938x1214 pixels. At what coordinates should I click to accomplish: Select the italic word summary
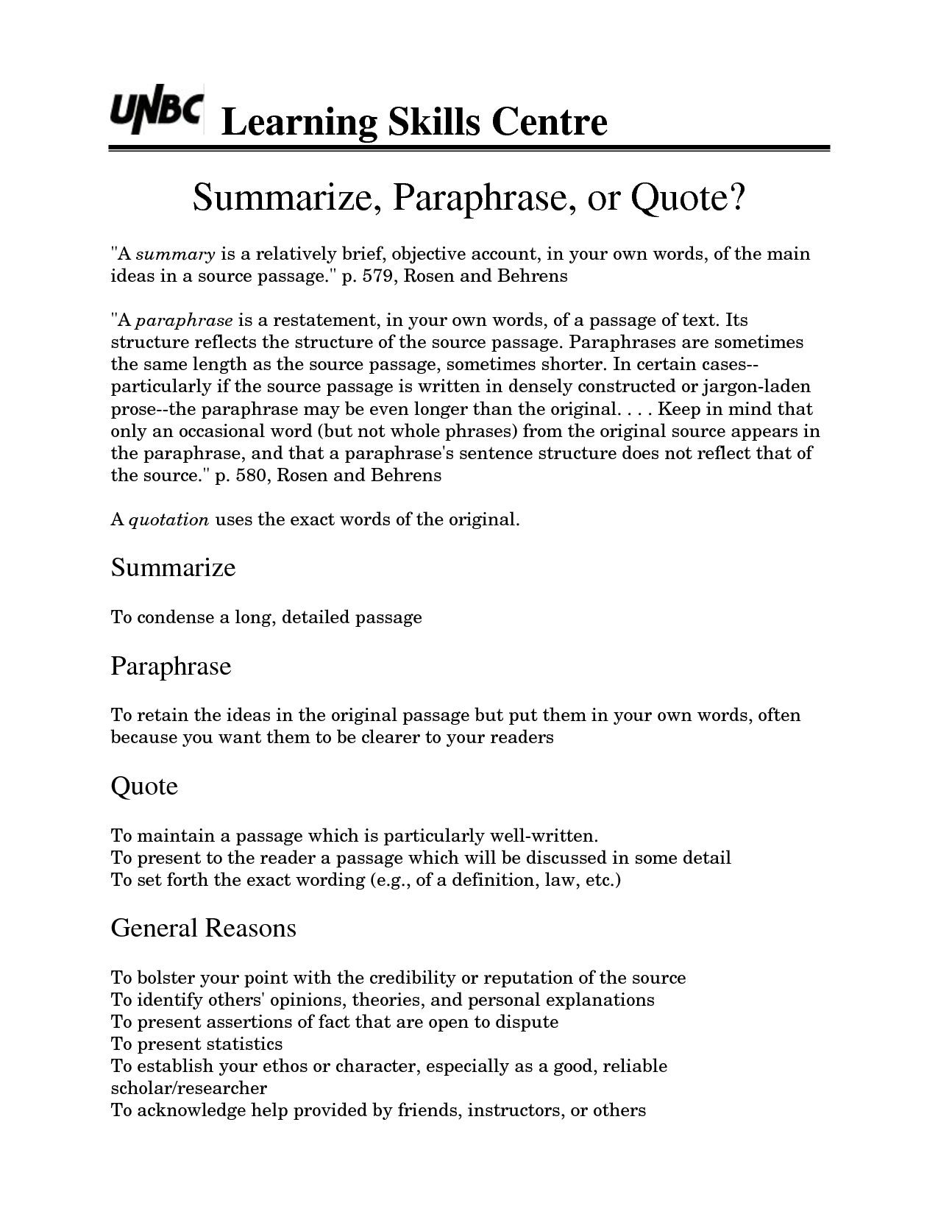coord(175,255)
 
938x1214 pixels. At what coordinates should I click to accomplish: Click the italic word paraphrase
coord(185,321)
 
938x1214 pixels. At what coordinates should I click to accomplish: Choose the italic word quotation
coord(169,520)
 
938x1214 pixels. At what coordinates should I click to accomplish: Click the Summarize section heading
coord(173,567)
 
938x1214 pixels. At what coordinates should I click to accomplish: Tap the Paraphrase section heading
coord(171,666)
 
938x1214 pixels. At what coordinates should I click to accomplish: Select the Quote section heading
coord(144,786)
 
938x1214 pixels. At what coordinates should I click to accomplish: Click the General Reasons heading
coord(203,928)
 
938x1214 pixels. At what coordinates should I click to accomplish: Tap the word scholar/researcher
coord(188,1088)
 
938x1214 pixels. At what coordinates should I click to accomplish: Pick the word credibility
coord(411,978)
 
